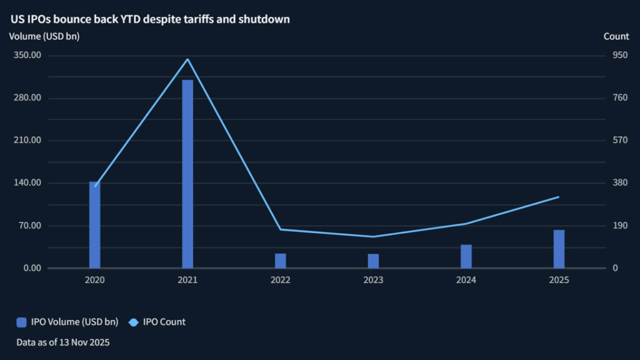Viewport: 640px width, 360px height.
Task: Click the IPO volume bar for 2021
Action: tap(187, 174)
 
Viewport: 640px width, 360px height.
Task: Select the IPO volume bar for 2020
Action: tap(94, 225)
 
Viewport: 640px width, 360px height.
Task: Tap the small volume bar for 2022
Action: tap(281, 261)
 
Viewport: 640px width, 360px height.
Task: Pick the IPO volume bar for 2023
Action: tap(373, 261)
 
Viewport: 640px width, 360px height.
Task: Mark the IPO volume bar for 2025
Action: tap(559, 249)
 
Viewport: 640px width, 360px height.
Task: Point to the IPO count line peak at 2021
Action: tap(187, 59)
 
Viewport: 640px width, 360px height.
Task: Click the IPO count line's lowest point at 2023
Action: tap(373, 237)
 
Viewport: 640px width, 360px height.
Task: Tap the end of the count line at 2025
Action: tap(559, 197)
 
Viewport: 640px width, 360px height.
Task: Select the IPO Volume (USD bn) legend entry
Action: tap(67, 322)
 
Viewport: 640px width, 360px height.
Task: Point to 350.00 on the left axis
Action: tap(27, 55)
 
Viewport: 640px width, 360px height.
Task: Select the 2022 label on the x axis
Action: tap(281, 280)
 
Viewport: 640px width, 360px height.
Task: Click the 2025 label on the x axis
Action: tap(559, 280)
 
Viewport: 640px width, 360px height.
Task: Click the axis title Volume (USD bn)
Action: tap(44, 36)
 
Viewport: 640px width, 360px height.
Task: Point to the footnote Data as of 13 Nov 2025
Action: tap(63, 342)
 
